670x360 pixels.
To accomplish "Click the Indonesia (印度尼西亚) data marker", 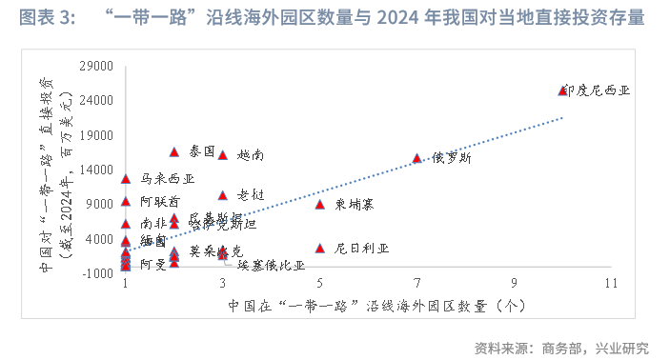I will pyautogui.click(x=562, y=90).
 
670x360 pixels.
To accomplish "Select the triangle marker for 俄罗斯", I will pyautogui.click(x=416, y=158).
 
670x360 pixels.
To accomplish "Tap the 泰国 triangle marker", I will pyautogui.click(x=174, y=151).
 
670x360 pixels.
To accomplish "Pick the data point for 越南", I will pyautogui.click(x=222, y=155).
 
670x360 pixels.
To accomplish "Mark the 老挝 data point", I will pyautogui.click(x=222, y=195).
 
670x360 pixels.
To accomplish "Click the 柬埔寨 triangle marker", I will pyautogui.click(x=320, y=204).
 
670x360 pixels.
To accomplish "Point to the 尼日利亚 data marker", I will pyautogui.click(x=320, y=249).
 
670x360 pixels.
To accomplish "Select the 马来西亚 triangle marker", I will pyautogui.click(x=126, y=178).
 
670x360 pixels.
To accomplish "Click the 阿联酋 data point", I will pyautogui.click(x=126, y=201).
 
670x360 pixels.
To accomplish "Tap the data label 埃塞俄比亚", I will pyautogui.click(x=272, y=266).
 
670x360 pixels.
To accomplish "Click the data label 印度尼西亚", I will pyautogui.click(x=598, y=90).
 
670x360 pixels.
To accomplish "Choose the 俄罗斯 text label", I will pyautogui.click(x=450, y=158).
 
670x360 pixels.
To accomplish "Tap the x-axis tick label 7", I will pyautogui.click(x=416, y=284).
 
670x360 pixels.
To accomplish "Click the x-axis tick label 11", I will pyautogui.click(x=610, y=284).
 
